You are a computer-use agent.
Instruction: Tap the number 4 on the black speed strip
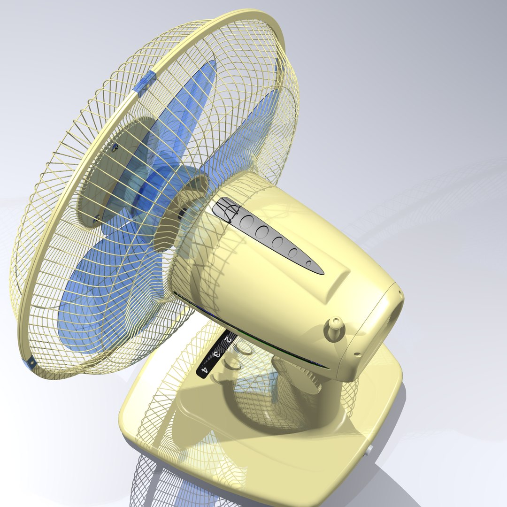pyautogui.click(x=204, y=370)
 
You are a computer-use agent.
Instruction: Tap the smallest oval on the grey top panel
pyautogui.click(x=308, y=264)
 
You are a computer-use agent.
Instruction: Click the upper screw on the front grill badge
pyautogui.click(x=115, y=147)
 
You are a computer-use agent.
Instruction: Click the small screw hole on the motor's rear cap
pyautogui.click(x=357, y=354)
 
